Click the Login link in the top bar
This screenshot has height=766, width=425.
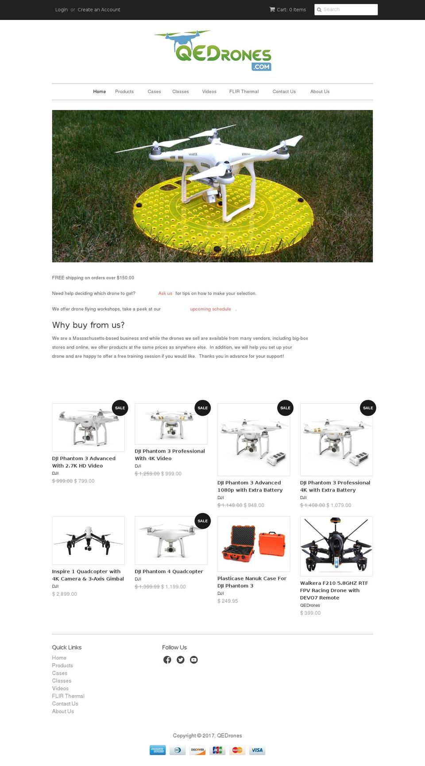[x=61, y=10]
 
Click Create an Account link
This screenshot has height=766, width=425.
[x=99, y=10]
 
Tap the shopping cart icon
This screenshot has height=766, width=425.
[x=272, y=9]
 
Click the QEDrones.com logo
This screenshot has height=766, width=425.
[x=212, y=51]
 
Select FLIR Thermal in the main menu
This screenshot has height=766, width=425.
[x=243, y=92]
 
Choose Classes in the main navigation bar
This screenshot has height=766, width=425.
[x=180, y=92]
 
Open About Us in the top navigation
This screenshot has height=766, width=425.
[x=320, y=92]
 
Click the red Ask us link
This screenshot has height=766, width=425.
[x=165, y=293]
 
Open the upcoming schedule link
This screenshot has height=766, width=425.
[x=210, y=309]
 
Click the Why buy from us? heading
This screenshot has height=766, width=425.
[x=88, y=325]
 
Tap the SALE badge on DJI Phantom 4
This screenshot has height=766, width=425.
[x=203, y=521]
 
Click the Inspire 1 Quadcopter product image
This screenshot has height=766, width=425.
[x=88, y=540]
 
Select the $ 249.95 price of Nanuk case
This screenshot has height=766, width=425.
[x=228, y=601]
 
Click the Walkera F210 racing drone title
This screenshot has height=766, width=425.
[x=334, y=590]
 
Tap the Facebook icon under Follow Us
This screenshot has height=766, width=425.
[x=167, y=660]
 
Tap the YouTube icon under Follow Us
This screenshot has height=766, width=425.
[x=194, y=660]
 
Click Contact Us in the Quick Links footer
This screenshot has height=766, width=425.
[x=65, y=703]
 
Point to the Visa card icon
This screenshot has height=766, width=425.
[x=257, y=750]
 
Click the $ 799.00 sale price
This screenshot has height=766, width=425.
[x=84, y=481]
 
